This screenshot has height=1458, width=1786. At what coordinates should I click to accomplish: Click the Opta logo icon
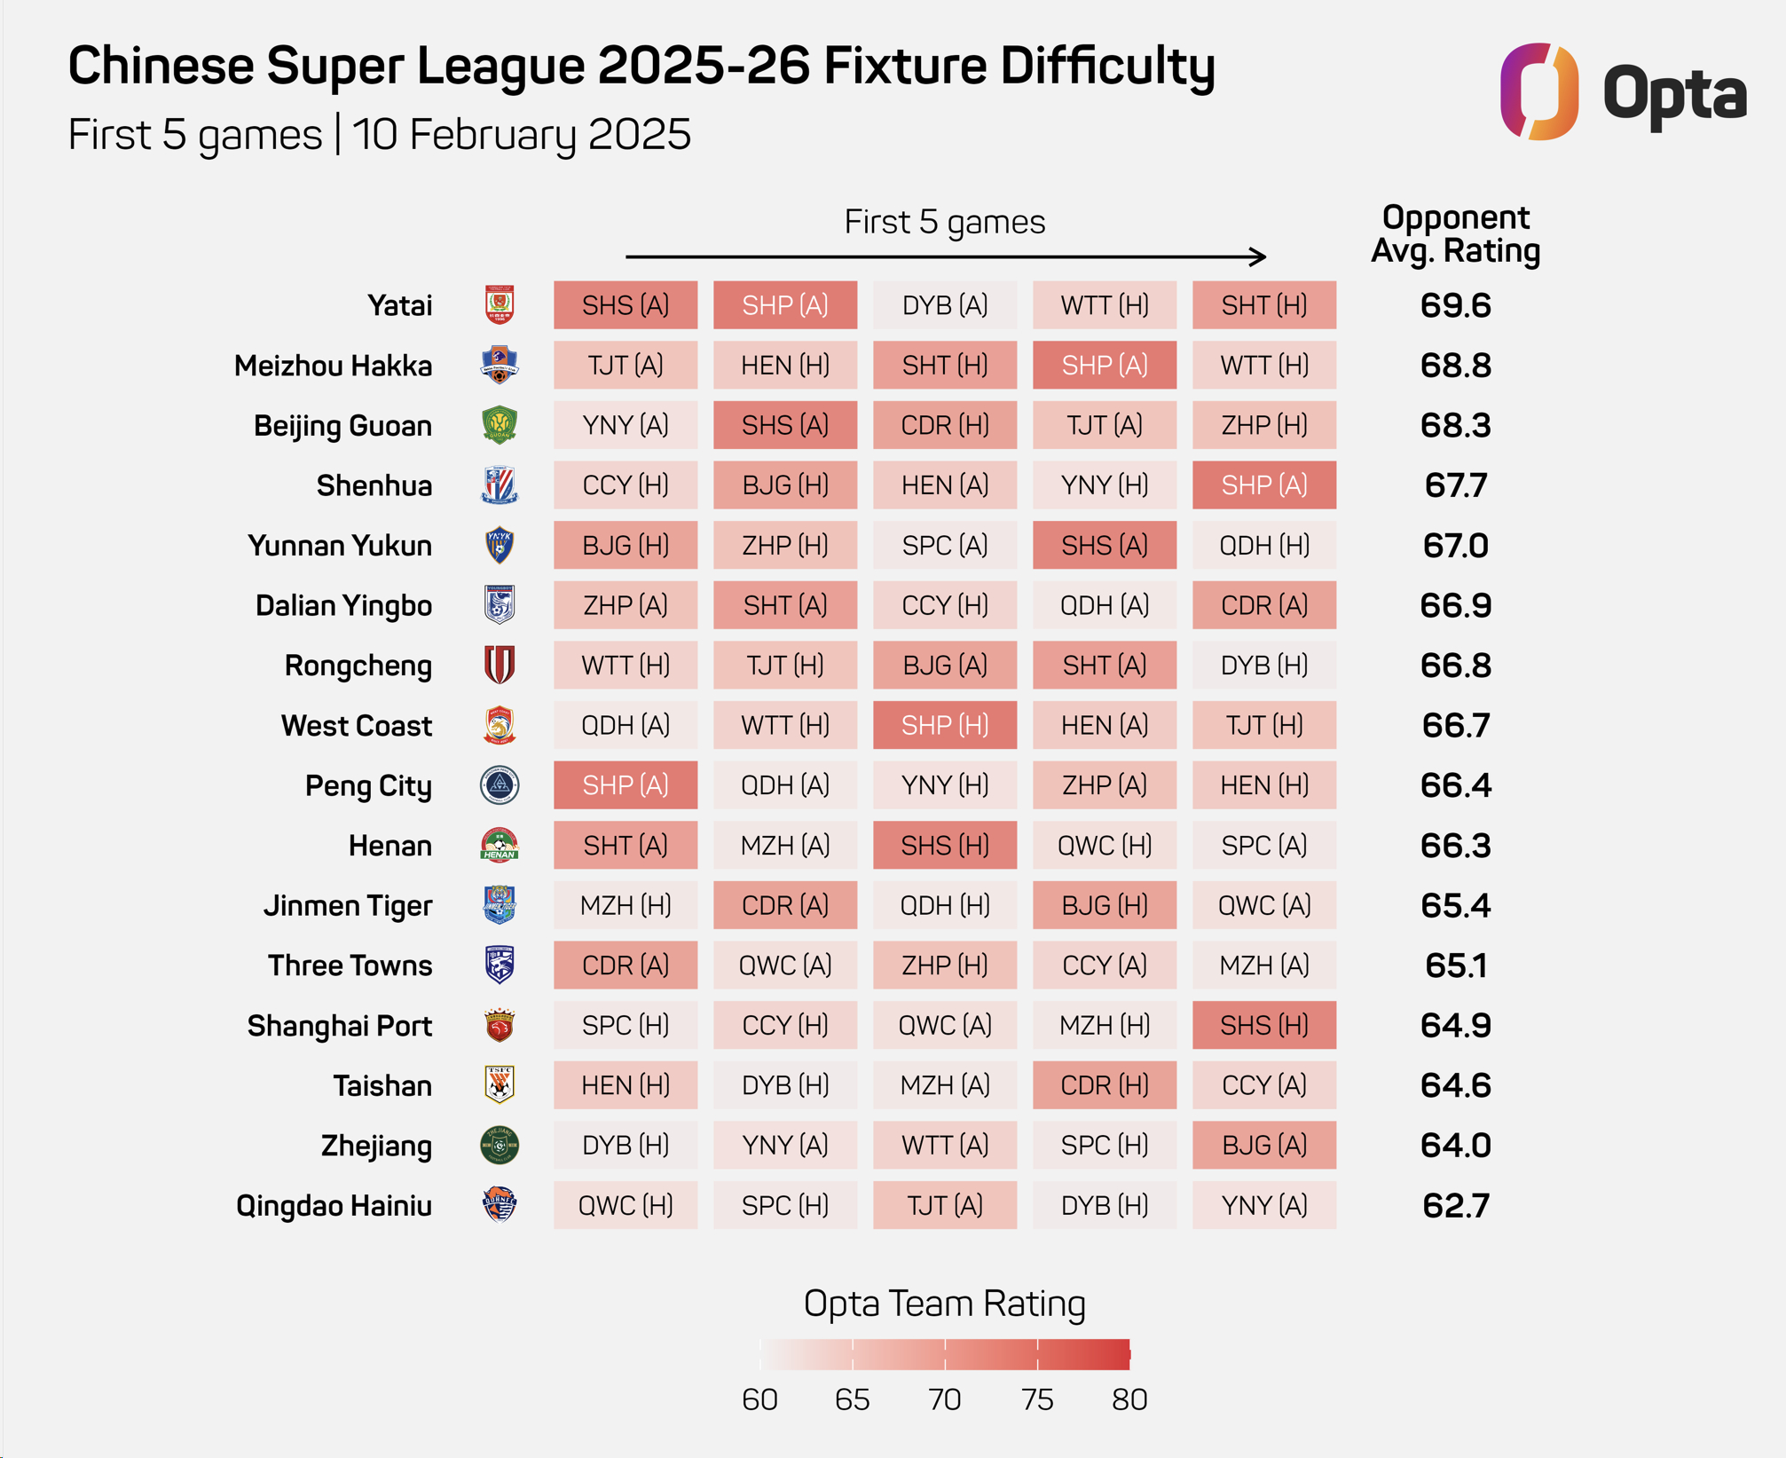[x=1538, y=91]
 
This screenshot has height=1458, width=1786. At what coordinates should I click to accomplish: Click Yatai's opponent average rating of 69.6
[x=1455, y=305]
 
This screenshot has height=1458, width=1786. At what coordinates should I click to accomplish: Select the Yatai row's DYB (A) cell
[x=945, y=305]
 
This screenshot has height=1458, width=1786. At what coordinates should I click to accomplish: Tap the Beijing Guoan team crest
[x=500, y=425]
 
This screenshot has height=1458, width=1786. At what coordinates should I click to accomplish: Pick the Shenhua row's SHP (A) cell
[x=1264, y=485]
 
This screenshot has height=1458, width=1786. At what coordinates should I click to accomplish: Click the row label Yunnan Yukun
[x=340, y=546]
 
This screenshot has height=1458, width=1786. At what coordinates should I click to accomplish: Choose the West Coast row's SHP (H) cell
[x=945, y=725]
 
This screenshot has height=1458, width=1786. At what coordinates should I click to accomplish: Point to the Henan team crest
[x=500, y=846]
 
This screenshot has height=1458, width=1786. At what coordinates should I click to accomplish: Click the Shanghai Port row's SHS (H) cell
[x=1264, y=1025]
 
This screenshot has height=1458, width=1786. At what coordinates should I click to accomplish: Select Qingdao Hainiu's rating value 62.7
[x=1455, y=1205]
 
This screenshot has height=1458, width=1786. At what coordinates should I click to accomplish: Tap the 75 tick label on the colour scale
[x=1037, y=1399]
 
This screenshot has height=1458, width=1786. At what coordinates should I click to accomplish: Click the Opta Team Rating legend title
[x=944, y=1304]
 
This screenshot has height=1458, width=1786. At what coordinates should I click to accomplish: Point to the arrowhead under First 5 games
[x=1258, y=256]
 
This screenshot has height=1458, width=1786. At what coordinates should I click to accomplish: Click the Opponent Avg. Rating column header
[x=1455, y=234]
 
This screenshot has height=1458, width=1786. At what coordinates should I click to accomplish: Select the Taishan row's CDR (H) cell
[x=1105, y=1085]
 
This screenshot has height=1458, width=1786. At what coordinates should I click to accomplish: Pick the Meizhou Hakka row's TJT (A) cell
[x=625, y=366]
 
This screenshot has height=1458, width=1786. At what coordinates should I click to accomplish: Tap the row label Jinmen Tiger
[x=348, y=906]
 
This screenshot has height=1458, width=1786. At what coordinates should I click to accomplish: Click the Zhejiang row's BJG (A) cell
[x=1264, y=1145]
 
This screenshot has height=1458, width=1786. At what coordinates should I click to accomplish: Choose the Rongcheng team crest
[x=500, y=666]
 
